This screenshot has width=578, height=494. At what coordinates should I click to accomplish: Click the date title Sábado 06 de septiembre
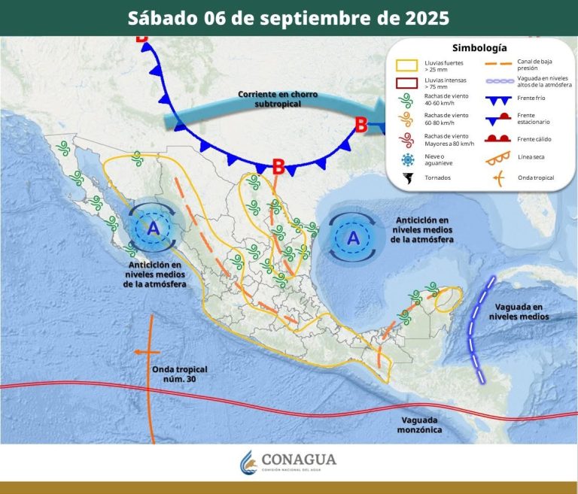click(x=288, y=17)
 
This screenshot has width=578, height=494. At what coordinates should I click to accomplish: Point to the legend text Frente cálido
click(x=536, y=139)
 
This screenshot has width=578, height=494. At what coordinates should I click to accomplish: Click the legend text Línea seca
click(x=531, y=157)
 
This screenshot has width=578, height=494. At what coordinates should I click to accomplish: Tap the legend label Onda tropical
click(x=536, y=178)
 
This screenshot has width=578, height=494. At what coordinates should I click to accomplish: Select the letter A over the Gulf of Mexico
click(x=353, y=238)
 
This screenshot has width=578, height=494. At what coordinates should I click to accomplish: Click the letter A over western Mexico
click(x=154, y=229)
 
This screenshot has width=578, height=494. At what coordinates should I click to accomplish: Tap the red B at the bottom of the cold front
click(x=278, y=167)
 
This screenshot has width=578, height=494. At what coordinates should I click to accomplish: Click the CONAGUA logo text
click(x=299, y=459)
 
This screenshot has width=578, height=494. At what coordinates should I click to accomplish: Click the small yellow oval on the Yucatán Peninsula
click(x=447, y=299)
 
